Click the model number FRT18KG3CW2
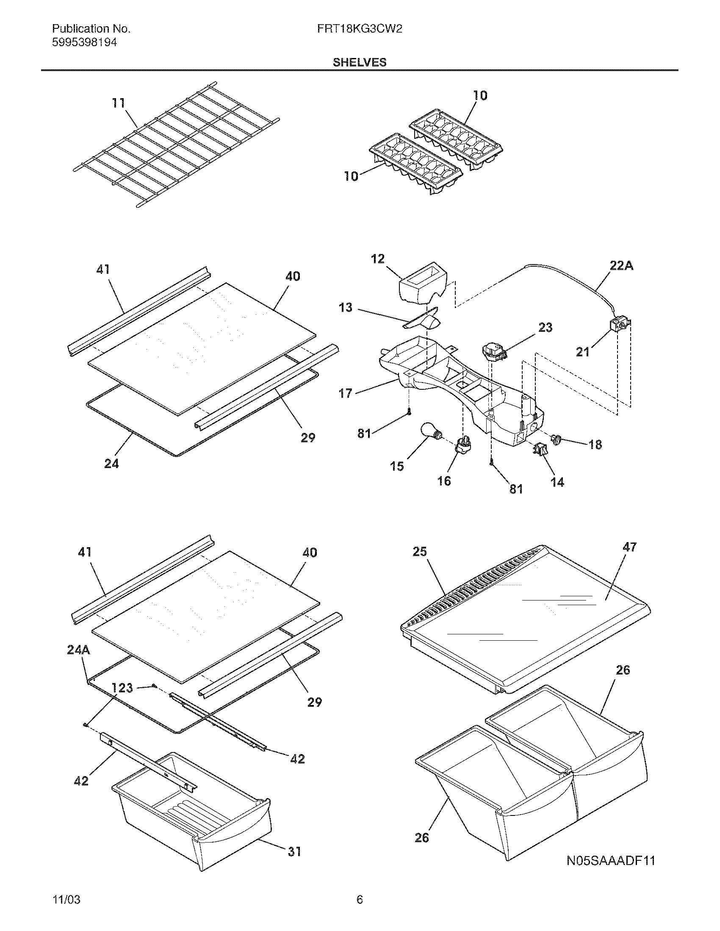point(360,28)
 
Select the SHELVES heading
point(360,62)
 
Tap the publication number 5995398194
point(84,42)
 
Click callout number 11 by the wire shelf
point(119,103)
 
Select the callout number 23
point(545,328)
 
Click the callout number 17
point(346,393)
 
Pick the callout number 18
point(595,445)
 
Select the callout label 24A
point(78,650)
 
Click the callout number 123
point(122,688)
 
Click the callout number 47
point(629,547)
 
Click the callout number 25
point(420,551)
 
